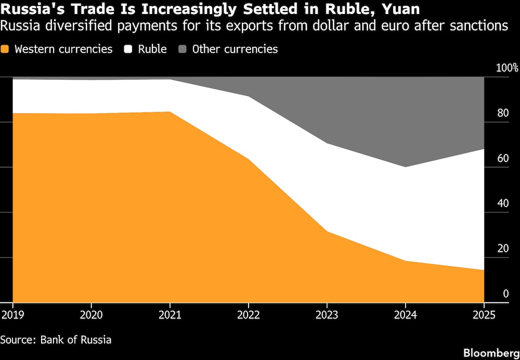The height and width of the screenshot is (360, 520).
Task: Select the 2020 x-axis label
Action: (91, 315)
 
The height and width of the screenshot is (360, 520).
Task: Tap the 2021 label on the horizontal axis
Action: (170, 315)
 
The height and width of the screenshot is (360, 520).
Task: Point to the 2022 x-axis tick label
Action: (249, 315)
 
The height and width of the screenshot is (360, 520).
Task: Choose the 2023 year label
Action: (327, 315)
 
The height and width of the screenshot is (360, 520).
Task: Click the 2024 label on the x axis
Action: (406, 315)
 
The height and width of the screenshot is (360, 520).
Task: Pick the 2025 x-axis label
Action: (484, 315)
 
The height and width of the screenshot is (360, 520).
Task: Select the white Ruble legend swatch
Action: (128, 49)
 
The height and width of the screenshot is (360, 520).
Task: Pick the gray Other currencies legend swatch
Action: (183, 49)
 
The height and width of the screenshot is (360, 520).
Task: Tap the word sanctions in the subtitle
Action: (480, 26)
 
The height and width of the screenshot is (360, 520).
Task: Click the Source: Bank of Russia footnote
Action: (56, 340)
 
